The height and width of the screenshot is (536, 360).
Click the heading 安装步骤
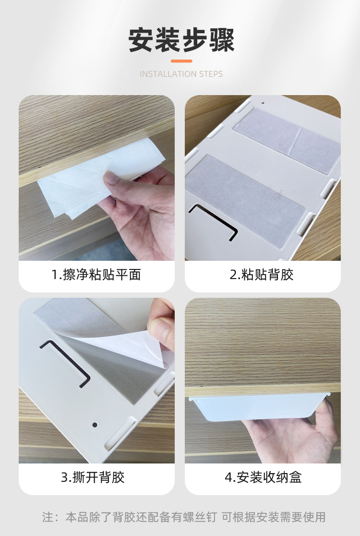pos(181,40)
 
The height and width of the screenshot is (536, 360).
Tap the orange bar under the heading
pos(181,61)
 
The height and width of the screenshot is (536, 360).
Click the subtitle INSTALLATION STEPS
pos(181,74)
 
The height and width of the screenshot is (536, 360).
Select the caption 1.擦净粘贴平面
pos(96,275)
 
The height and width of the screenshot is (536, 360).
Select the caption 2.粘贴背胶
pos(262,275)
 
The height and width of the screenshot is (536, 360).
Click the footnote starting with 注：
pos(183,517)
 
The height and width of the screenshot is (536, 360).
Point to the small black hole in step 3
pos(95,425)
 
